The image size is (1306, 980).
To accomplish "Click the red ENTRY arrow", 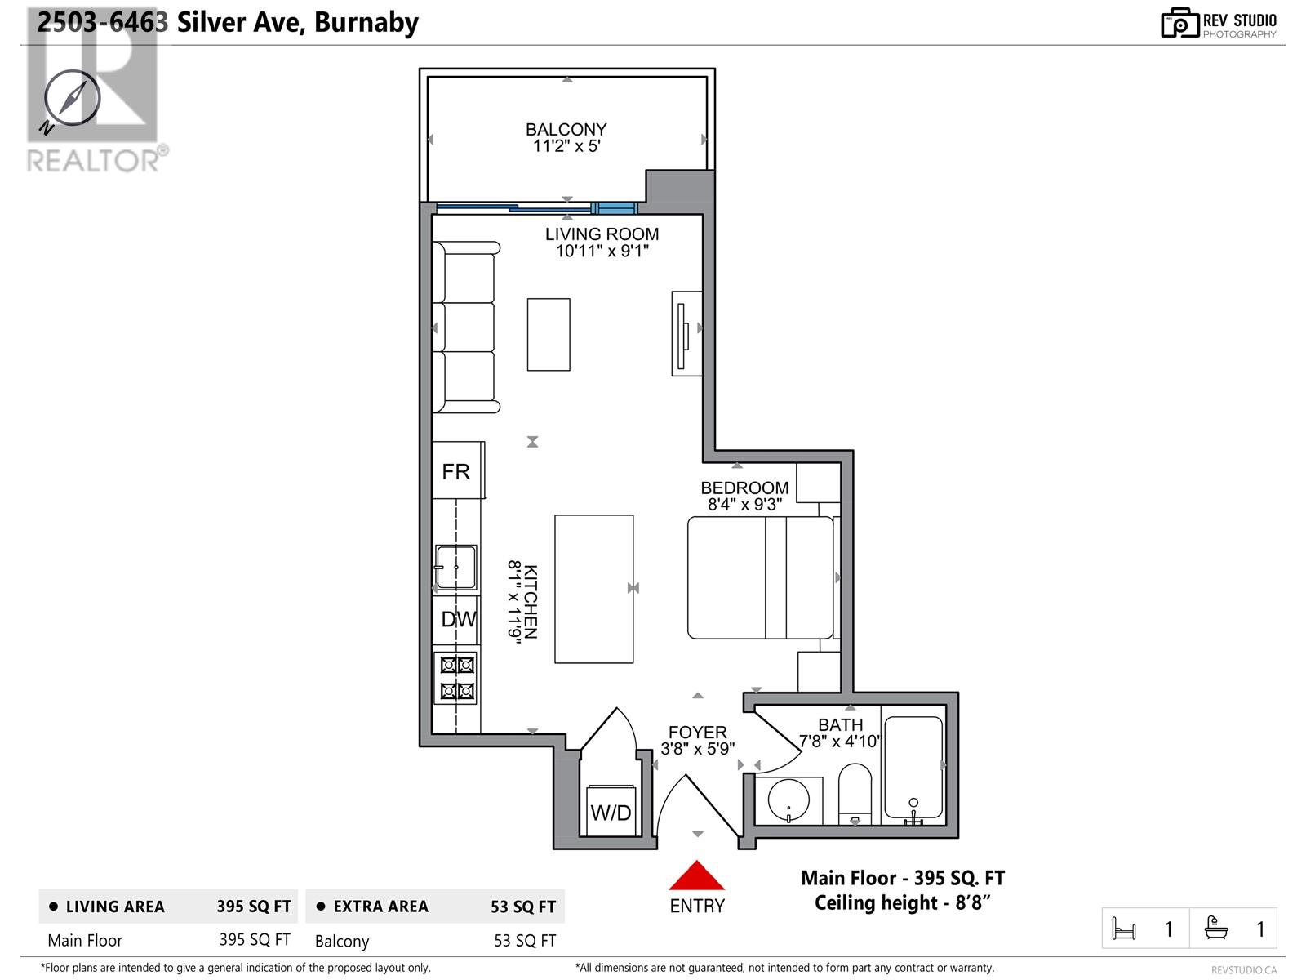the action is (697, 875).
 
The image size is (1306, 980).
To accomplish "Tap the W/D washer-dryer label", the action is (611, 813).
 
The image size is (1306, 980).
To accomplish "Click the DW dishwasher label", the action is (458, 619).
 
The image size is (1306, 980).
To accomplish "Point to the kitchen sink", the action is (455, 567).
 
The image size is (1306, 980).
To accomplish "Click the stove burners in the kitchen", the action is (457, 678).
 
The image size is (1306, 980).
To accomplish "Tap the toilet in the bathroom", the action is (855, 794).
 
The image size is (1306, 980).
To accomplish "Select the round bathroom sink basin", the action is (788, 800).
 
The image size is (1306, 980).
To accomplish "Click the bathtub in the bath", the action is (913, 766).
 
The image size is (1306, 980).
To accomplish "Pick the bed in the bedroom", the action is (761, 577).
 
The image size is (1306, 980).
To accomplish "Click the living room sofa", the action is (465, 327).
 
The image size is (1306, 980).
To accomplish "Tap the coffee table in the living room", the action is (549, 334).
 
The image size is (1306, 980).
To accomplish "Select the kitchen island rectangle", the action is (593, 589).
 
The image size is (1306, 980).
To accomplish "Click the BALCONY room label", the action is (566, 129).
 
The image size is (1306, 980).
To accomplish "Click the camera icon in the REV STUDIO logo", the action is (1179, 23).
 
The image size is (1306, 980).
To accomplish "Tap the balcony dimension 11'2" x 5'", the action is (566, 146).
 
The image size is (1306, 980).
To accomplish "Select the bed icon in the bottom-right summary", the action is (1124, 929).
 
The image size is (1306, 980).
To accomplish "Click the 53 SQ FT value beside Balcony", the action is (525, 941).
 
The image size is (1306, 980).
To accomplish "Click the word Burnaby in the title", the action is (366, 23).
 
